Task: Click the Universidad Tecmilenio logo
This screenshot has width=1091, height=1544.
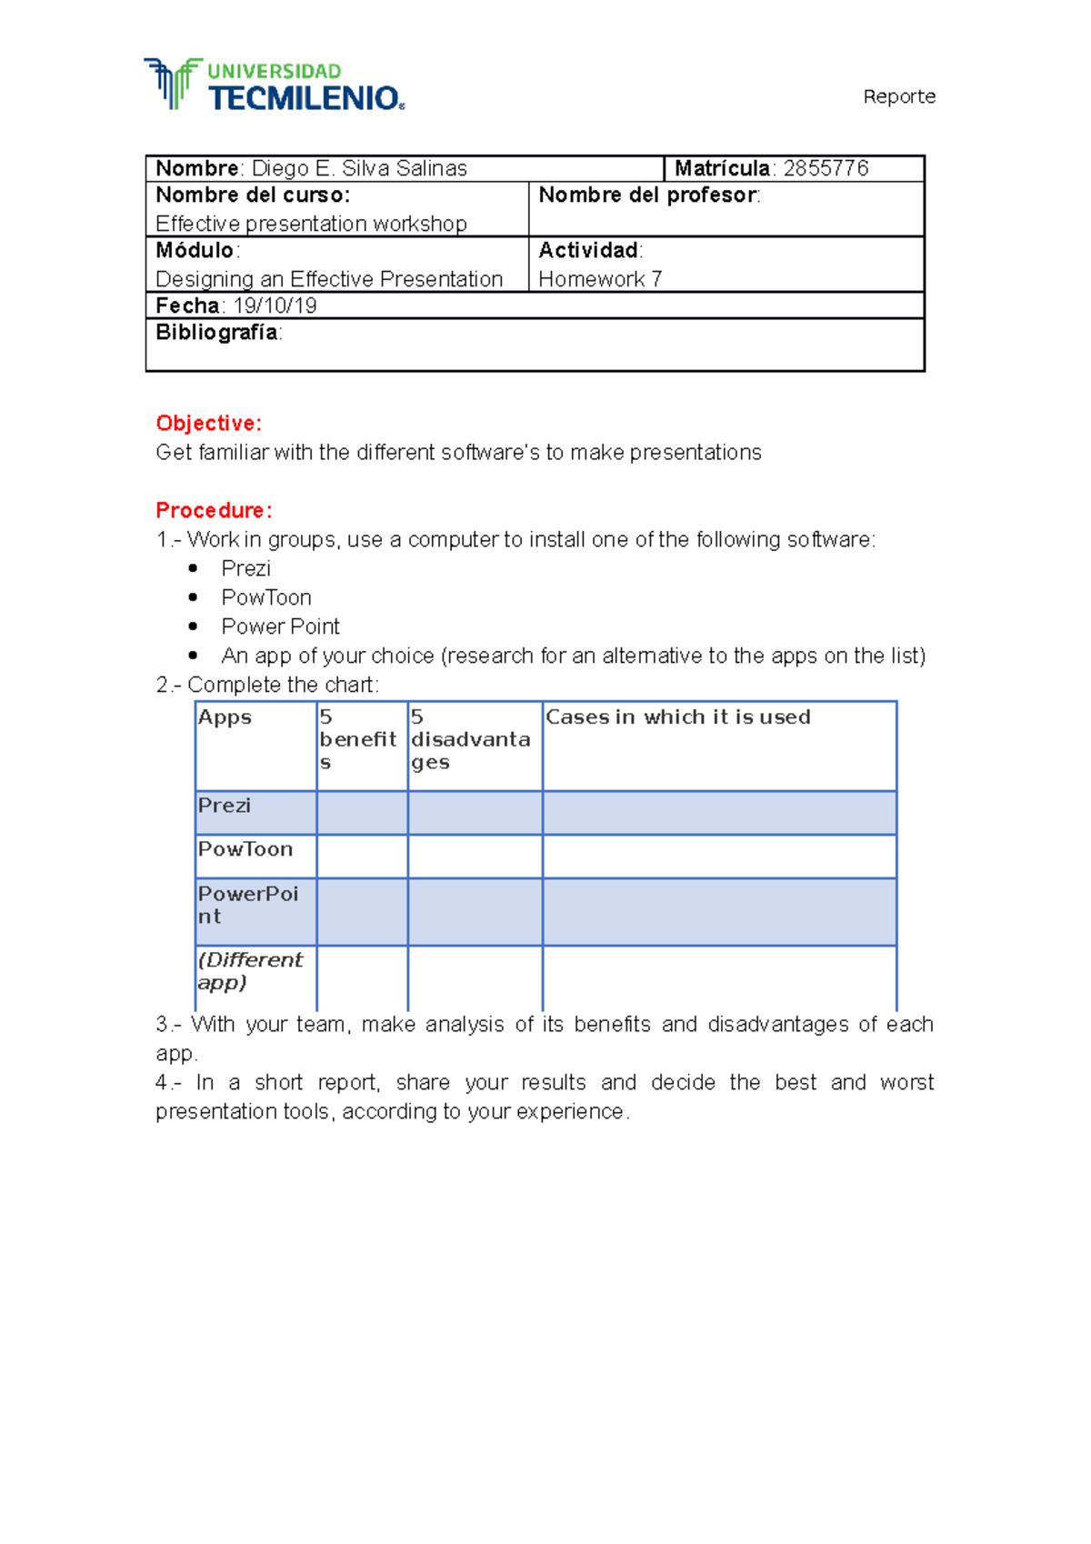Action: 274,85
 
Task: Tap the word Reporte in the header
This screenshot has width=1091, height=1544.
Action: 898,96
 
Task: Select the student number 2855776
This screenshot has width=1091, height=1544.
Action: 826,168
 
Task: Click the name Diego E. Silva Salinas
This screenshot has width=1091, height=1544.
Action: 359,168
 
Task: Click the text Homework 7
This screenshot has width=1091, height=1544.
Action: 600,279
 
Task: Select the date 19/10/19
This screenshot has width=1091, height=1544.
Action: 275,306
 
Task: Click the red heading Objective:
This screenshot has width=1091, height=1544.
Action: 208,424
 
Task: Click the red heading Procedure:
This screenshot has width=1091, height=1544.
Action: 214,510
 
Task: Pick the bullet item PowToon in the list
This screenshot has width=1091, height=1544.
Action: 266,597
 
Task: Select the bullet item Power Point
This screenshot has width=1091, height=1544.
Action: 280,627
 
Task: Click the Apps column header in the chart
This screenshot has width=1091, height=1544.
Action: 225,717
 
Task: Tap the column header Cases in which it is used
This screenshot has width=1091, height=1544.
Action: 677,717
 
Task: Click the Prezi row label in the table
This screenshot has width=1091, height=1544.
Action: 225,806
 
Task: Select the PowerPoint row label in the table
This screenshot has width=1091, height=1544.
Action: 247,905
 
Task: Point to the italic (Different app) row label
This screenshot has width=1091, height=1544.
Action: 249,971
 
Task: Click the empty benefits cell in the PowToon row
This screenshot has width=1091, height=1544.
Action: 362,856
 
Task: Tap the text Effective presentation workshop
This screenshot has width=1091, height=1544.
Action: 311,224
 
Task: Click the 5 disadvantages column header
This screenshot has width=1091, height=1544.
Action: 470,740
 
